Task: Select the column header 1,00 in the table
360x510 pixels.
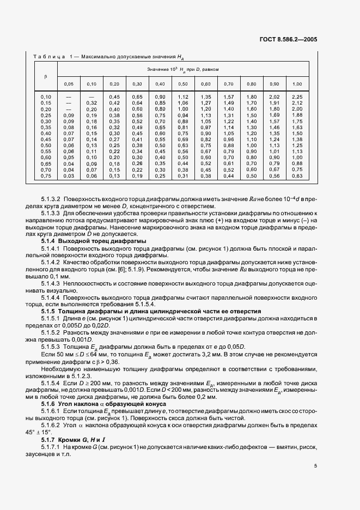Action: pyautogui.click(x=297, y=84)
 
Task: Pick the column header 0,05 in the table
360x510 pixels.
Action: pyautogui.click(x=69, y=84)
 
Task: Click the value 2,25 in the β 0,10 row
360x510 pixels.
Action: pyautogui.click(x=297, y=96)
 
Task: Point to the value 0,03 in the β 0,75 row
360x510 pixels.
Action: pyautogui.click(x=69, y=176)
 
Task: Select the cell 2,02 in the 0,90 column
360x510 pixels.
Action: pyautogui.click(x=274, y=96)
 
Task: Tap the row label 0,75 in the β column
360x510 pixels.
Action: pyautogui.click(x=46, y=176)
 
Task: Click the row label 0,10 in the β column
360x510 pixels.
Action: pyautogui.click(x=46, y=96)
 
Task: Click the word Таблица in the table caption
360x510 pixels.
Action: pyautogui.click(x=50, y=56)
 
